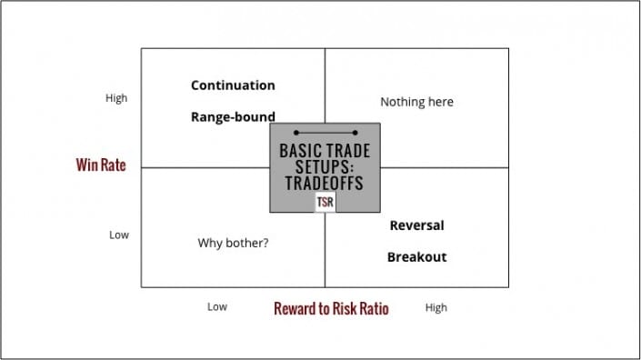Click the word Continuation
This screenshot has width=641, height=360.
click(x=233, y=85)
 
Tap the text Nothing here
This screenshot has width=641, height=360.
click(x=416, y=102)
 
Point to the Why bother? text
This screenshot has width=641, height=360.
click(x=233, y=244)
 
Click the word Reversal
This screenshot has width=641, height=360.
click(x=416, y=225)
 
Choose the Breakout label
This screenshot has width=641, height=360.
click(x=416, y=257)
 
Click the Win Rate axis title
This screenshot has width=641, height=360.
click(x=100, y=165)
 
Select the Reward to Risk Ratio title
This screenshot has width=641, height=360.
click(x=331, y=309)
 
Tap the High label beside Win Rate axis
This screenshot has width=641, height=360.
click(x=116, y=98)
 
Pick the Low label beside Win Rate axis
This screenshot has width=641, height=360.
click(x=119, y=235)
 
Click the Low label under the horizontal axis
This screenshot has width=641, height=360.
click(x=216, y=307)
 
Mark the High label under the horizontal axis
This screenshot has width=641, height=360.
click(x=436, y=307)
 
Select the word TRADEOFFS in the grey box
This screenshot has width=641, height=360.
click(x=325, y=184)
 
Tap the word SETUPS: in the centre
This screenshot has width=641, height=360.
click(x=325, y=167)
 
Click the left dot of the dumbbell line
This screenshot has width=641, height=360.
click(x=296, y=133)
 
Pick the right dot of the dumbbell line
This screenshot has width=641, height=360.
click(x=354, y=133)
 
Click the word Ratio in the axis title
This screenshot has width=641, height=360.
click(x=371, y=309)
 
